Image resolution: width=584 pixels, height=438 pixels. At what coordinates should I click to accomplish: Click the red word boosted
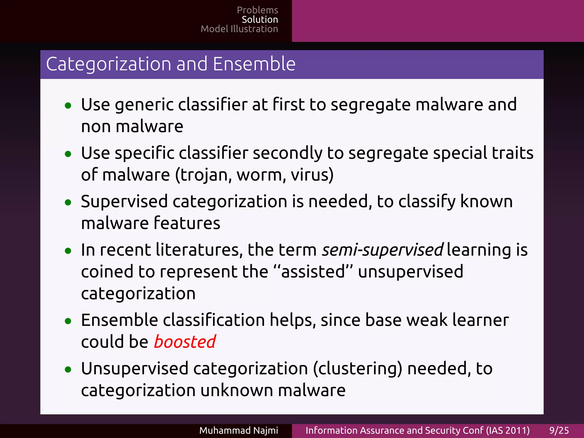coord(185,342)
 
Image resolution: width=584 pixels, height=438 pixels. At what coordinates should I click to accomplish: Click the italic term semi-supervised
coord(382,250)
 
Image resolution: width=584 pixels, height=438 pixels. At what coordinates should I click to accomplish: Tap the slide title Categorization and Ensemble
coord(171,64)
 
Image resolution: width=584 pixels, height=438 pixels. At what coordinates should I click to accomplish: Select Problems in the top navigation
coord(257,10)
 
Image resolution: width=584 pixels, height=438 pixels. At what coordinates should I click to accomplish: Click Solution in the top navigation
coord(259,19)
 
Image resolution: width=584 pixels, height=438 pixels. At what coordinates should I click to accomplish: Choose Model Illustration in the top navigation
coord(239,29)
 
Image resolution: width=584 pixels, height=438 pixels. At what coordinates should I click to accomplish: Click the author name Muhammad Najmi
coord(238,430)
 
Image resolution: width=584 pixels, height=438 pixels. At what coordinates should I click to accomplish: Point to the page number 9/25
coord(559,430)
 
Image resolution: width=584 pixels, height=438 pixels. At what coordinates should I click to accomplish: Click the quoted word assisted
coord(313,271)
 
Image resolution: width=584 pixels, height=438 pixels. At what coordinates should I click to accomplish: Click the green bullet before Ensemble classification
coord(68,321)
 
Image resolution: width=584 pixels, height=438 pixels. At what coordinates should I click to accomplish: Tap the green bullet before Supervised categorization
coord(68,203)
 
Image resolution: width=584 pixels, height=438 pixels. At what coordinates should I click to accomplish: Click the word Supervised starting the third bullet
coord(124,202)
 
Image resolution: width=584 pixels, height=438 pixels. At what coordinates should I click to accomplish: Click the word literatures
coord(199,250)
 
